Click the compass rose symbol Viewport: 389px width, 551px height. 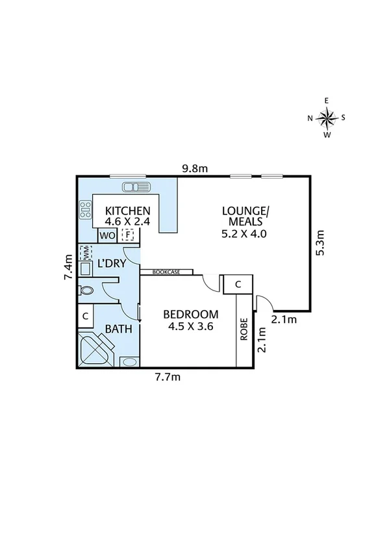click(327, 118)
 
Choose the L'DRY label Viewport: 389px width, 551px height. click(111, 264)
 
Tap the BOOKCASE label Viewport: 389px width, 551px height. click(166, 272)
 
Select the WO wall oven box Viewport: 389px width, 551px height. click(107, 235)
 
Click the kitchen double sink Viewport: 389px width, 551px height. click(136, 187)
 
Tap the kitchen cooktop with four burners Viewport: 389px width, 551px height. click(85, 209)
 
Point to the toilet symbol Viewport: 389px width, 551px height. click(87, 290)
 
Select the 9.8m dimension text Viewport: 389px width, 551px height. click(194, 169)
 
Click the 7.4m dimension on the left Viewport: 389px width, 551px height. click(68, 267)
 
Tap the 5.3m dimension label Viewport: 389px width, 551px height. click(320, 243)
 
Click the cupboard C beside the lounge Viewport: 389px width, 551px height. click(238, 284)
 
